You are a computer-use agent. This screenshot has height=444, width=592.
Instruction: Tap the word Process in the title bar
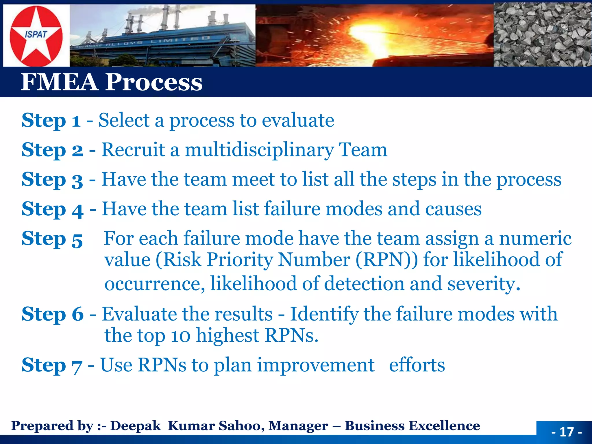153,82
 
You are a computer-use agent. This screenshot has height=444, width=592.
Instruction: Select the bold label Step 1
51,120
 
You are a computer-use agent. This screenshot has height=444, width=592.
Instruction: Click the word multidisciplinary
259,150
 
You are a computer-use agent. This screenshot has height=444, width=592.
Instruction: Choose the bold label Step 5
52,239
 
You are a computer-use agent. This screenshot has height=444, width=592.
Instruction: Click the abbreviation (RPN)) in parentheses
386,260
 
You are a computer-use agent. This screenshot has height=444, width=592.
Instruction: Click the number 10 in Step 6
180,336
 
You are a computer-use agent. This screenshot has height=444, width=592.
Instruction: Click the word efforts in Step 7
417,365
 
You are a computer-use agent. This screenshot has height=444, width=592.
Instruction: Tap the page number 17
566,432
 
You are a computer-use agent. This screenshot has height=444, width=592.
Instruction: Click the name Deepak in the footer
135,426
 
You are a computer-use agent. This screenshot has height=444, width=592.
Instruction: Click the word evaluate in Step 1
298,120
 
